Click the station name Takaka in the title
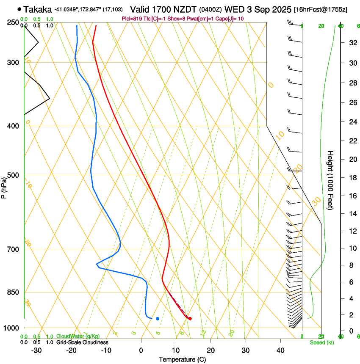tap(38, 9)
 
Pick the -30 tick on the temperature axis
tap(36, 350)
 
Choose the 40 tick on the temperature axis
tap(280, 350)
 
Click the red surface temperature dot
tap(190, 319)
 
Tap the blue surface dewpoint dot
tap(158, 318)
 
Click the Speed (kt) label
tap(321, 342)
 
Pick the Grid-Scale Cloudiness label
tap(82, 342)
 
